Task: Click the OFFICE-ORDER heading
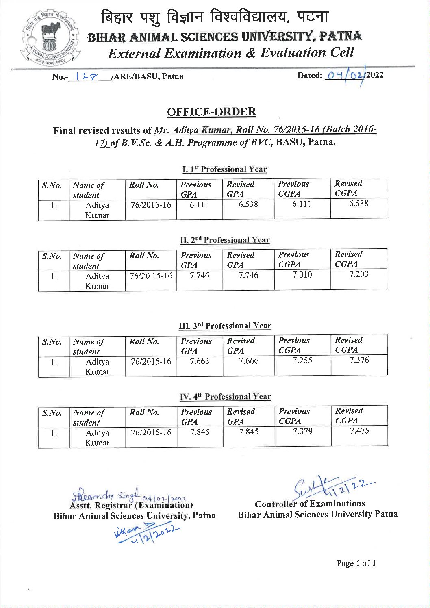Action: [x=211, y=112]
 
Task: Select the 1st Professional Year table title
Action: [x=224, y=169]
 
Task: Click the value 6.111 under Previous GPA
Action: [x=199, y=205]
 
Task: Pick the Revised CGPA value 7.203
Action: [x=358, y=274]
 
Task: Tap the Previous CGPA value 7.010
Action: [x=302, y=275]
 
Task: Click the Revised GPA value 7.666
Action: [x=248, y=361]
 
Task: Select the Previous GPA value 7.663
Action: [x=199, y=361]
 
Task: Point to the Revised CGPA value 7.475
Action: [x=359, y=431]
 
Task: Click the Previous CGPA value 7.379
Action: [x=303, y=431]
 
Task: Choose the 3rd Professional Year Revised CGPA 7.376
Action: [x=359, y=360]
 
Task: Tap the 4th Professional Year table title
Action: [x=225, y=397]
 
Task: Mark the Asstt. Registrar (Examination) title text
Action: [x=131, y=505]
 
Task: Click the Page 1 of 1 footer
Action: [x=356, y=563]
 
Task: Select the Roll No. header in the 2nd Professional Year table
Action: [x=144, y=256]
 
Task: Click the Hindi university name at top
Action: [x=215, y=17]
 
